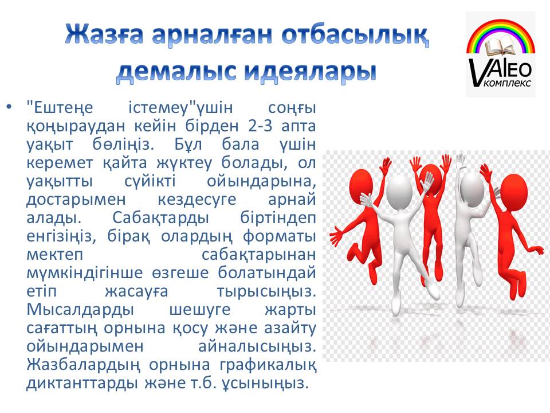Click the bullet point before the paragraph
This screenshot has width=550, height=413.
click(9, 106)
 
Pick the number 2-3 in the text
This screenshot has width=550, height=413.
click(260, 126)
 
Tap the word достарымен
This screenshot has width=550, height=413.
click(76, 200)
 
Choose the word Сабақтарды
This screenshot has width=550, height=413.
click(160, 218)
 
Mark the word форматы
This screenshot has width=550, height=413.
click(280, 236)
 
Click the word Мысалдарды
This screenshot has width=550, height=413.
click(80, 309)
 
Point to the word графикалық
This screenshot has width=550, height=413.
click(268, 365)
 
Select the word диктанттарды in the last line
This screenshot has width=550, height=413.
click(82, 383)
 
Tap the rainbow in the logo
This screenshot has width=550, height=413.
click(501, 35)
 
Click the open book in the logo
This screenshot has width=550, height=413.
click(501, 47)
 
